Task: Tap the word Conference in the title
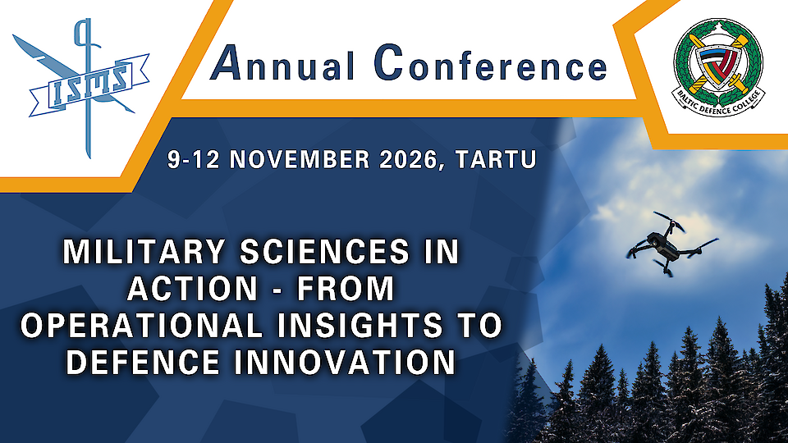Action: (x=490, y=66)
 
